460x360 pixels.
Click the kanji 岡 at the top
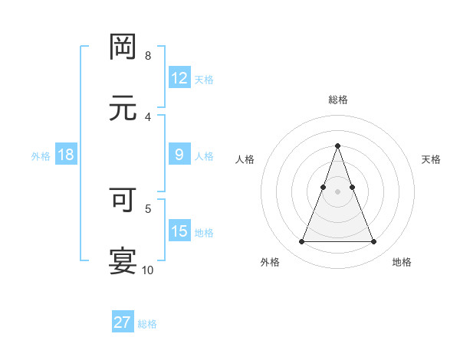123,47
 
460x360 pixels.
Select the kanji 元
123,108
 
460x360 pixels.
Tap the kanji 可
123,199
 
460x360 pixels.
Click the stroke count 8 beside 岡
148,55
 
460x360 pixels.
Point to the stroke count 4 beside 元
148,116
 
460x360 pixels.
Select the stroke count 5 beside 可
148,208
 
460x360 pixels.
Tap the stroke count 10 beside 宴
148,270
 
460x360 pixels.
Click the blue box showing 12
179,78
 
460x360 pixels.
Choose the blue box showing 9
179,155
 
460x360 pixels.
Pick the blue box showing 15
179,231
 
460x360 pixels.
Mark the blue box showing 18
66,155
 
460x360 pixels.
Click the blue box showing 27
123,322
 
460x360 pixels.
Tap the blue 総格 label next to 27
147,324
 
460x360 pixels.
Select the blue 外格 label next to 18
41,155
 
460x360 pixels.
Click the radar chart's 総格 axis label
337,100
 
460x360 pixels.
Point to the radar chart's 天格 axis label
431,159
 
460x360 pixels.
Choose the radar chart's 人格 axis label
245,159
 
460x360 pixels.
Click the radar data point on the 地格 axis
374,242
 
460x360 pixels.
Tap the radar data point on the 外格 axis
301,242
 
